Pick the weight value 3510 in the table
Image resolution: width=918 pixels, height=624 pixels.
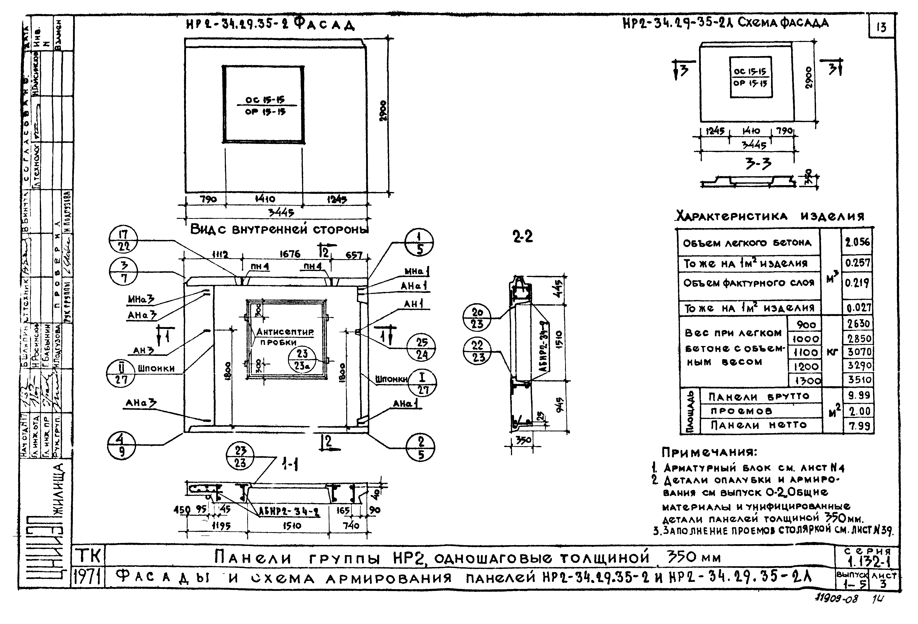[x=859, y=380]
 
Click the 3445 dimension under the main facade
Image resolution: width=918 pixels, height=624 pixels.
[x=281, y=213]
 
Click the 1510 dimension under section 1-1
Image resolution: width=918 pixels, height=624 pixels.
[x=292, y=526]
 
